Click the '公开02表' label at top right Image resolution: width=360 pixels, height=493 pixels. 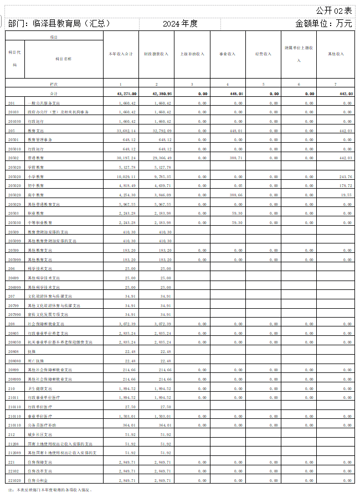(333, 11)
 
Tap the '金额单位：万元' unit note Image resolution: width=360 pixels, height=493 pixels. (323, 24)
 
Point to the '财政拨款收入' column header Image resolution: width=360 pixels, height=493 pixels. (156, 54)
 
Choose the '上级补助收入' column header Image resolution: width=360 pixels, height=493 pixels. (192, 54)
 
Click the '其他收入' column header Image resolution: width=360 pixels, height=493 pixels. (336, 54)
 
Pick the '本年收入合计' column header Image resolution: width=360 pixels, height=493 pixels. (120, 54)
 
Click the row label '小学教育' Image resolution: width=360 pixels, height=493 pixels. (36, 177)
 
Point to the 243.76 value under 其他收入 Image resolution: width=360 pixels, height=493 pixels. (344, 177)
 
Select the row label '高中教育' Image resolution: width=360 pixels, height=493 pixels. (36, 195)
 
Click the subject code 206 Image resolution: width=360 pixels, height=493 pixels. (12, 268)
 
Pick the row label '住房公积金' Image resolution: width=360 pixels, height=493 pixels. (38, 480)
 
